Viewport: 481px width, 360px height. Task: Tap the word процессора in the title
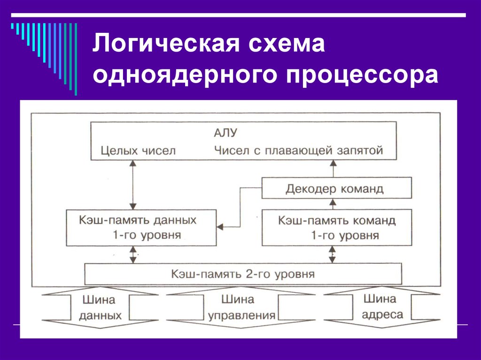tap(362, 76)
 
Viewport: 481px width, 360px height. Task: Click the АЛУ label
tap(225, 133)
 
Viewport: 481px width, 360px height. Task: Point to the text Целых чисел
tap(139, 151)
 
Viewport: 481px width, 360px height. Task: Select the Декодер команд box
tap(336, 188)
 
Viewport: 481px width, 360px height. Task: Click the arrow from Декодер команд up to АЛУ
tap(333, 169)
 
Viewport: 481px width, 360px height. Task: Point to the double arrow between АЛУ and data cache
tap(132, 185)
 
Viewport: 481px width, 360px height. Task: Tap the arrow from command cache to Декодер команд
tap(333, 204)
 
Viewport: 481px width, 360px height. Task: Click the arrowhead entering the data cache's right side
tap(220, 227)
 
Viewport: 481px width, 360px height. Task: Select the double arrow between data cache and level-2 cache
tap(133, 254)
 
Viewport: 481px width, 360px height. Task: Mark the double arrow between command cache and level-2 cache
tap(332, 254)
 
